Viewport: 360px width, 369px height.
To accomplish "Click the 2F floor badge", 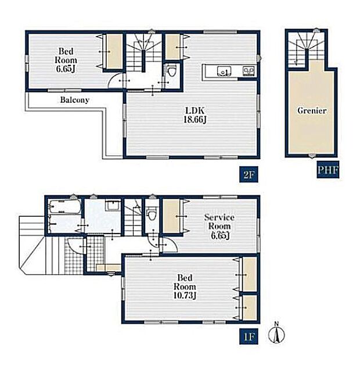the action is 249,174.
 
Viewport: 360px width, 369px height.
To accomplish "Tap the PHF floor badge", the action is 328,170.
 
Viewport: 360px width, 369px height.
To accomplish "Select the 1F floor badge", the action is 249,336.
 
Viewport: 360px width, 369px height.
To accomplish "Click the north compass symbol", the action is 276,333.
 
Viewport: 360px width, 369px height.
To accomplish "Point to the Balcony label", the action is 75,100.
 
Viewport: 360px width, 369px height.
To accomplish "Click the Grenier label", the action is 312,110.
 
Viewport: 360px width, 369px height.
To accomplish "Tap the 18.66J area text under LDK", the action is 195,120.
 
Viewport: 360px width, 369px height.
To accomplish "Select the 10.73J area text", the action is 185,295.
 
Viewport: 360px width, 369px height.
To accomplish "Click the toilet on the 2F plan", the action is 171,71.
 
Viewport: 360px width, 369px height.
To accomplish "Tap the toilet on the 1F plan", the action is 152,214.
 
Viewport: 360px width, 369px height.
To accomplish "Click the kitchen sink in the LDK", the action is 224,71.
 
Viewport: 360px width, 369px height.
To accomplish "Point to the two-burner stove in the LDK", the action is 249,71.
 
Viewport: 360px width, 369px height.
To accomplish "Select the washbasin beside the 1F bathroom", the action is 113,206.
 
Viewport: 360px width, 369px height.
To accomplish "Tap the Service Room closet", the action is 172,216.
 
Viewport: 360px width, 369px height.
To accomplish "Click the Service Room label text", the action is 219,221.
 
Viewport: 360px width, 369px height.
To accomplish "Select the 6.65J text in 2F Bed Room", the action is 66,69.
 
